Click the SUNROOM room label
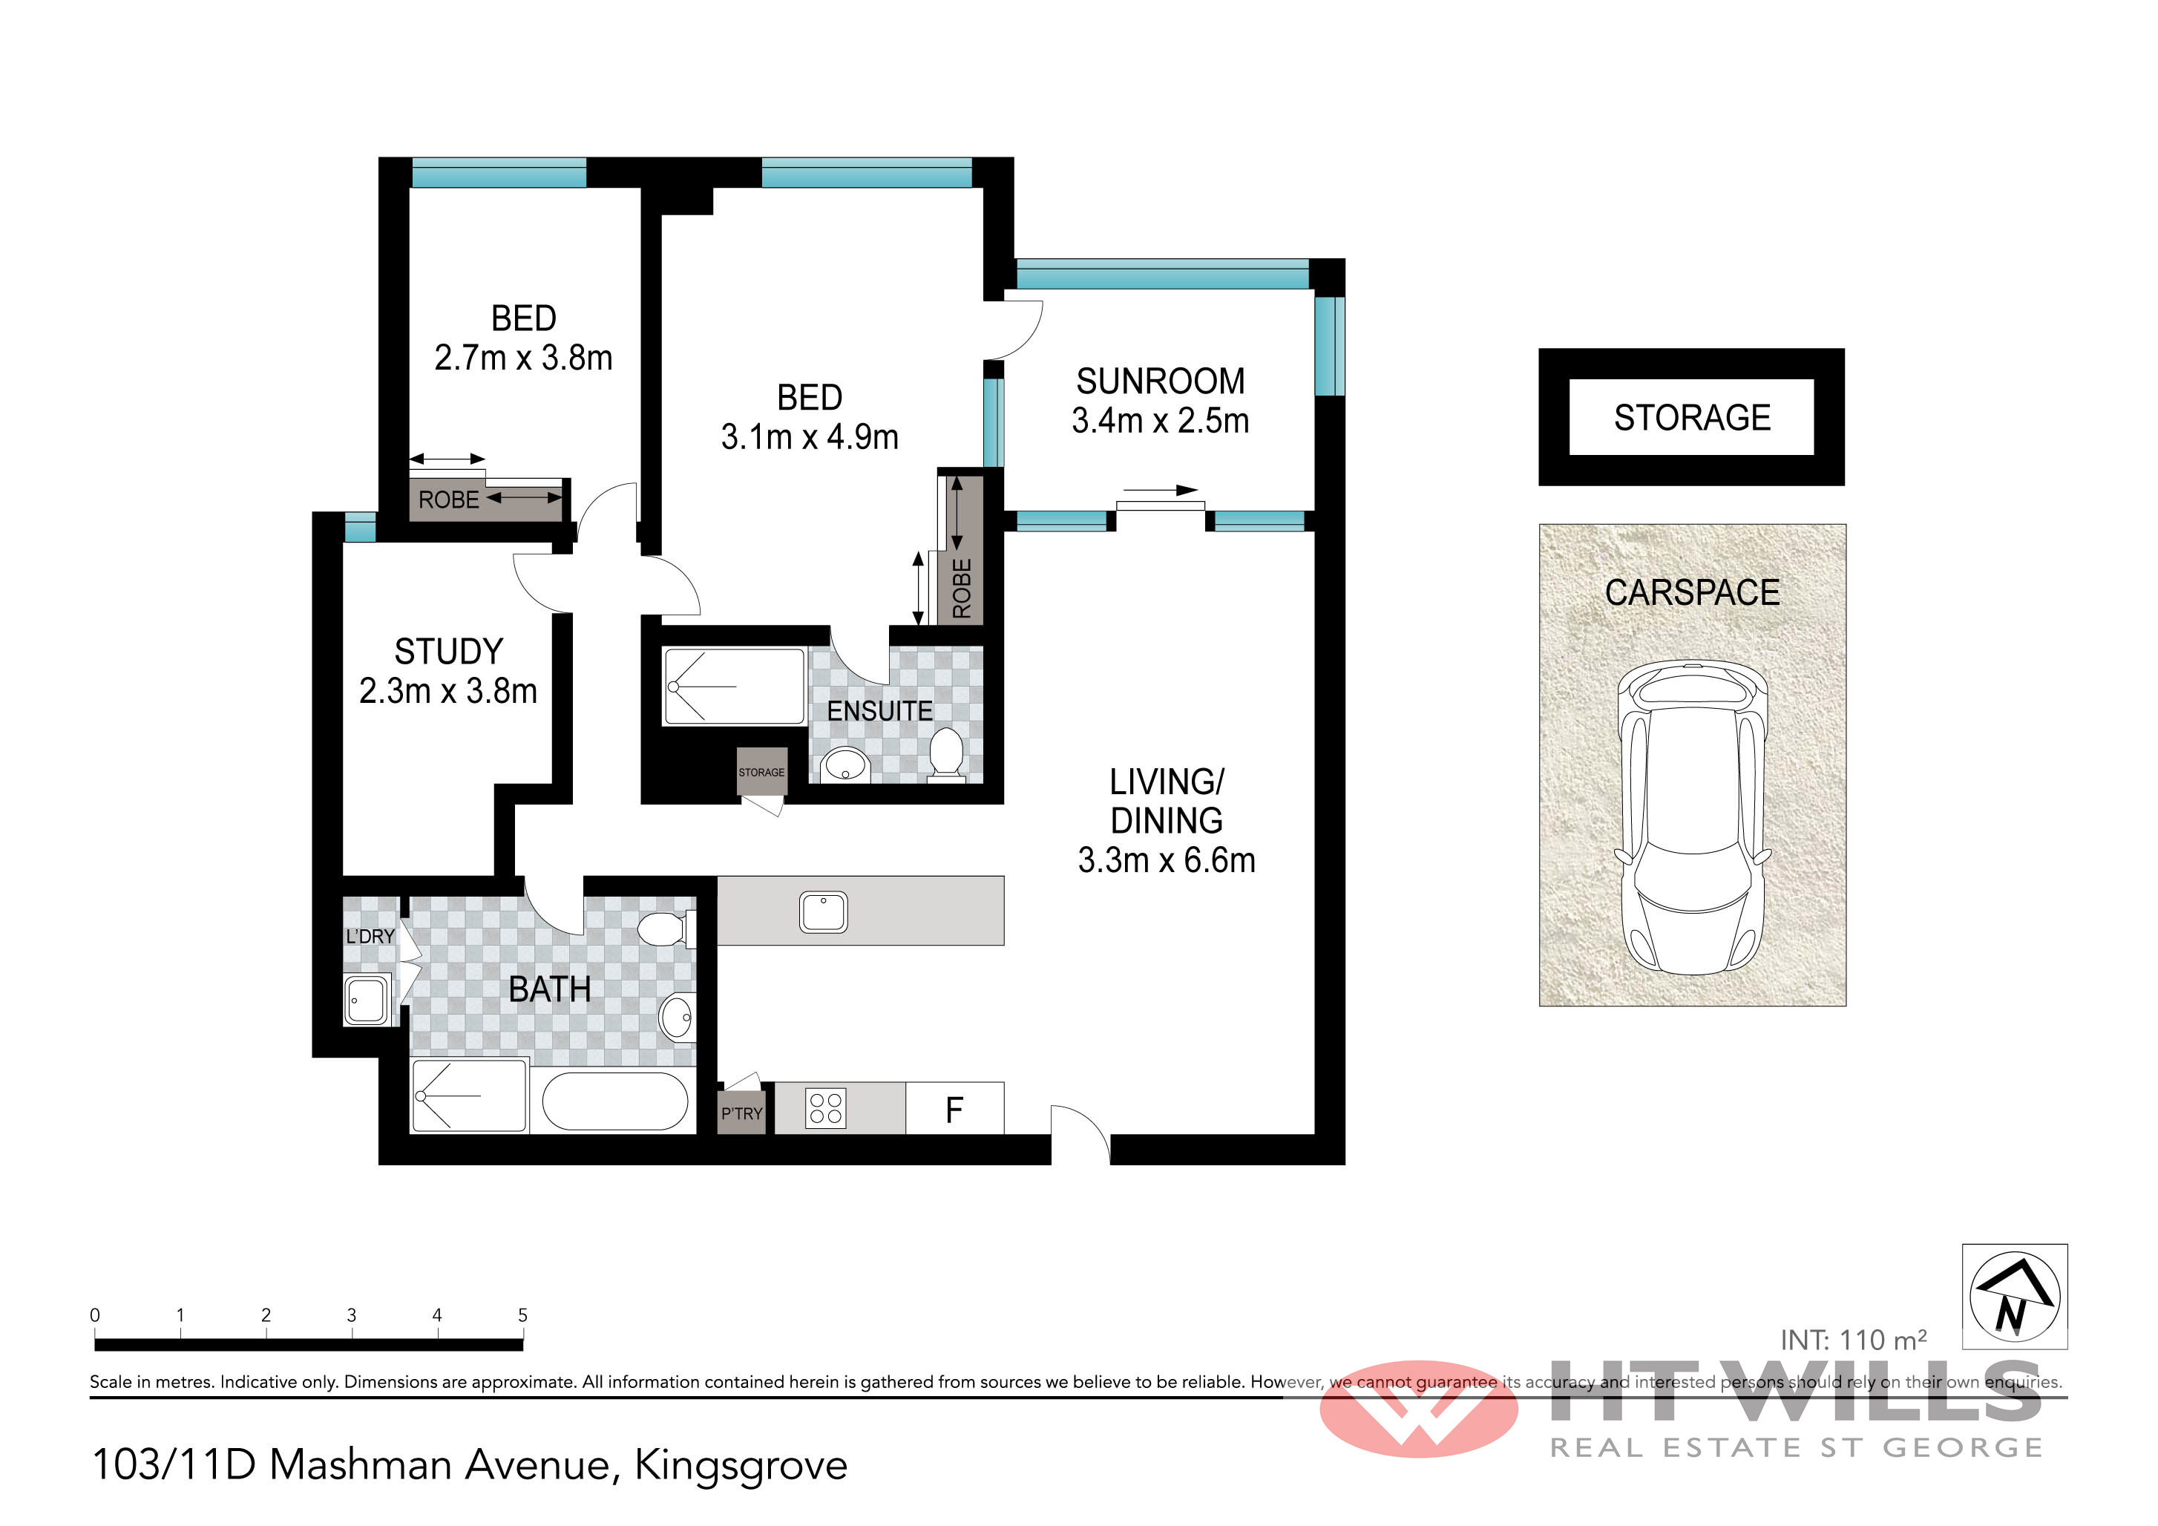point(1160,381)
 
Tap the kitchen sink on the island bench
point(823,911)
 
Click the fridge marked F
point(955,1109)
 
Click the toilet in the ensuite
point(945,754)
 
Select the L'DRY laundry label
point(370,937)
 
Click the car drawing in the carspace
point(1692,816)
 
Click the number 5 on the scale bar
point(522,1314)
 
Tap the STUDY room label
point(448,652)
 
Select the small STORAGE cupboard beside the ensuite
point(761,772)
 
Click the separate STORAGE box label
point(1692,417)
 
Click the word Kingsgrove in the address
point(741,1465)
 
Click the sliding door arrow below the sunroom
point(1160,490)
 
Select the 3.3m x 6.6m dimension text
point(1167,860)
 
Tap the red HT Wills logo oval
point(1418,1409)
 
